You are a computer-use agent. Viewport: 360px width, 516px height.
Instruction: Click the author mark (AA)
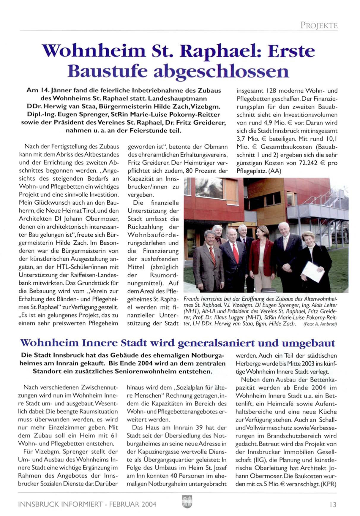click(x=275, y=171)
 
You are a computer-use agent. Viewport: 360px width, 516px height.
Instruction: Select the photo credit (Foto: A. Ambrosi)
click(x=320, y=324)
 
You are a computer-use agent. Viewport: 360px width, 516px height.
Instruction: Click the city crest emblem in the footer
click(x=187, y=501)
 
